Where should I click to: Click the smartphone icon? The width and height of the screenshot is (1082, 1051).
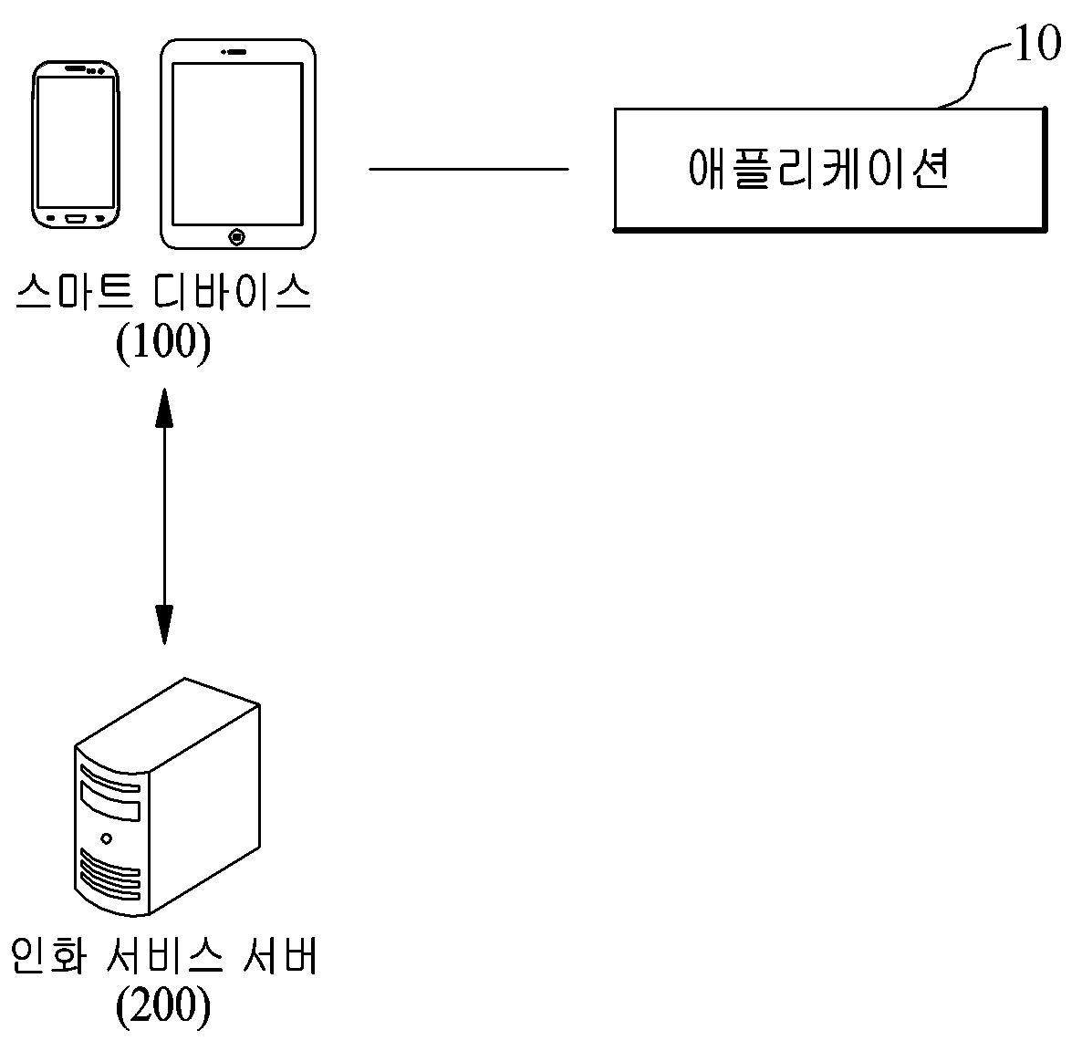tap(76, 144)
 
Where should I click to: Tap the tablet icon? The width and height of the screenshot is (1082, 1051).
tap(237, 143)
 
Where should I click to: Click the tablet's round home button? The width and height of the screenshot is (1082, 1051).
tap(237, 237)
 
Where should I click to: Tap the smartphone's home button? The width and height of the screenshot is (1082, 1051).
tap(76, 218)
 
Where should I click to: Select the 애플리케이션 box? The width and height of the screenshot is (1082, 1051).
tap(828, 169)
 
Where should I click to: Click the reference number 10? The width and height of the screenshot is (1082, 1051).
tap(1037, 44)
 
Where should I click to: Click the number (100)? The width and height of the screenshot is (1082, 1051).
tap(163, 344)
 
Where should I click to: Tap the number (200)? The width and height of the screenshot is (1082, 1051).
tap(163, 1006)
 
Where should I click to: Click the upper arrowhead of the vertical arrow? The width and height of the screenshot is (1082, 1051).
tap(164, 406)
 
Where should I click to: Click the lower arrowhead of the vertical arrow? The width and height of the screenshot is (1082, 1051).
tap(164, 625)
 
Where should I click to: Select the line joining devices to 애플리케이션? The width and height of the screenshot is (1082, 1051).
tap(468, 169)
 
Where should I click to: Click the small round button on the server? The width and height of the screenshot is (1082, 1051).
tap(108, 838)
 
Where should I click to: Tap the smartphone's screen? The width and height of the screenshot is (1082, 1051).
tap(76, 141)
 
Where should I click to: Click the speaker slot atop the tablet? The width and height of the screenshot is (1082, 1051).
tap(236, 51)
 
